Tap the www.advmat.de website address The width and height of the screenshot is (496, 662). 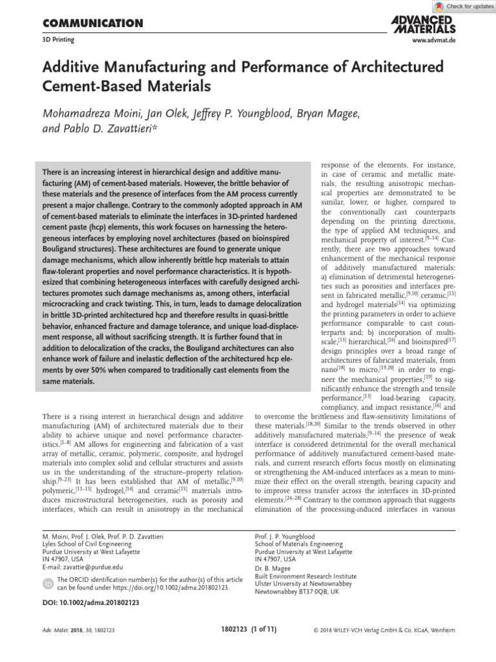pos(433,40)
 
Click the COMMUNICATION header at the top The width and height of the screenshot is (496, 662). pos(92,24)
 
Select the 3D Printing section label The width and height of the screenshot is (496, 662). pos(58,40)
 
